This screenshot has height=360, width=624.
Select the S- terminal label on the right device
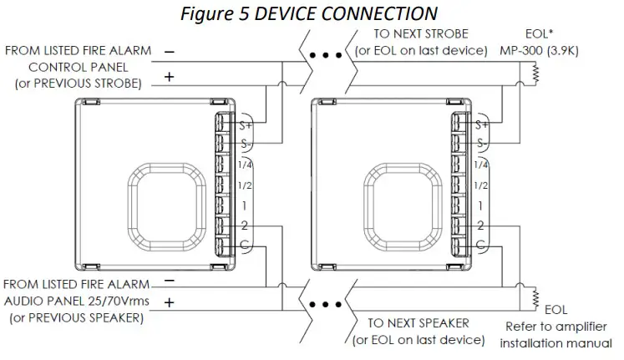pos(480,145)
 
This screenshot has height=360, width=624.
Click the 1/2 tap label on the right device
pos(480,185)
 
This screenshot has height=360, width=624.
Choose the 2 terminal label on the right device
pos(480,225)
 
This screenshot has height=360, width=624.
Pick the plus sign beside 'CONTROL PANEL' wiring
pos(170,76)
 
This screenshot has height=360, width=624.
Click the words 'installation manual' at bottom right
pos(556,343)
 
